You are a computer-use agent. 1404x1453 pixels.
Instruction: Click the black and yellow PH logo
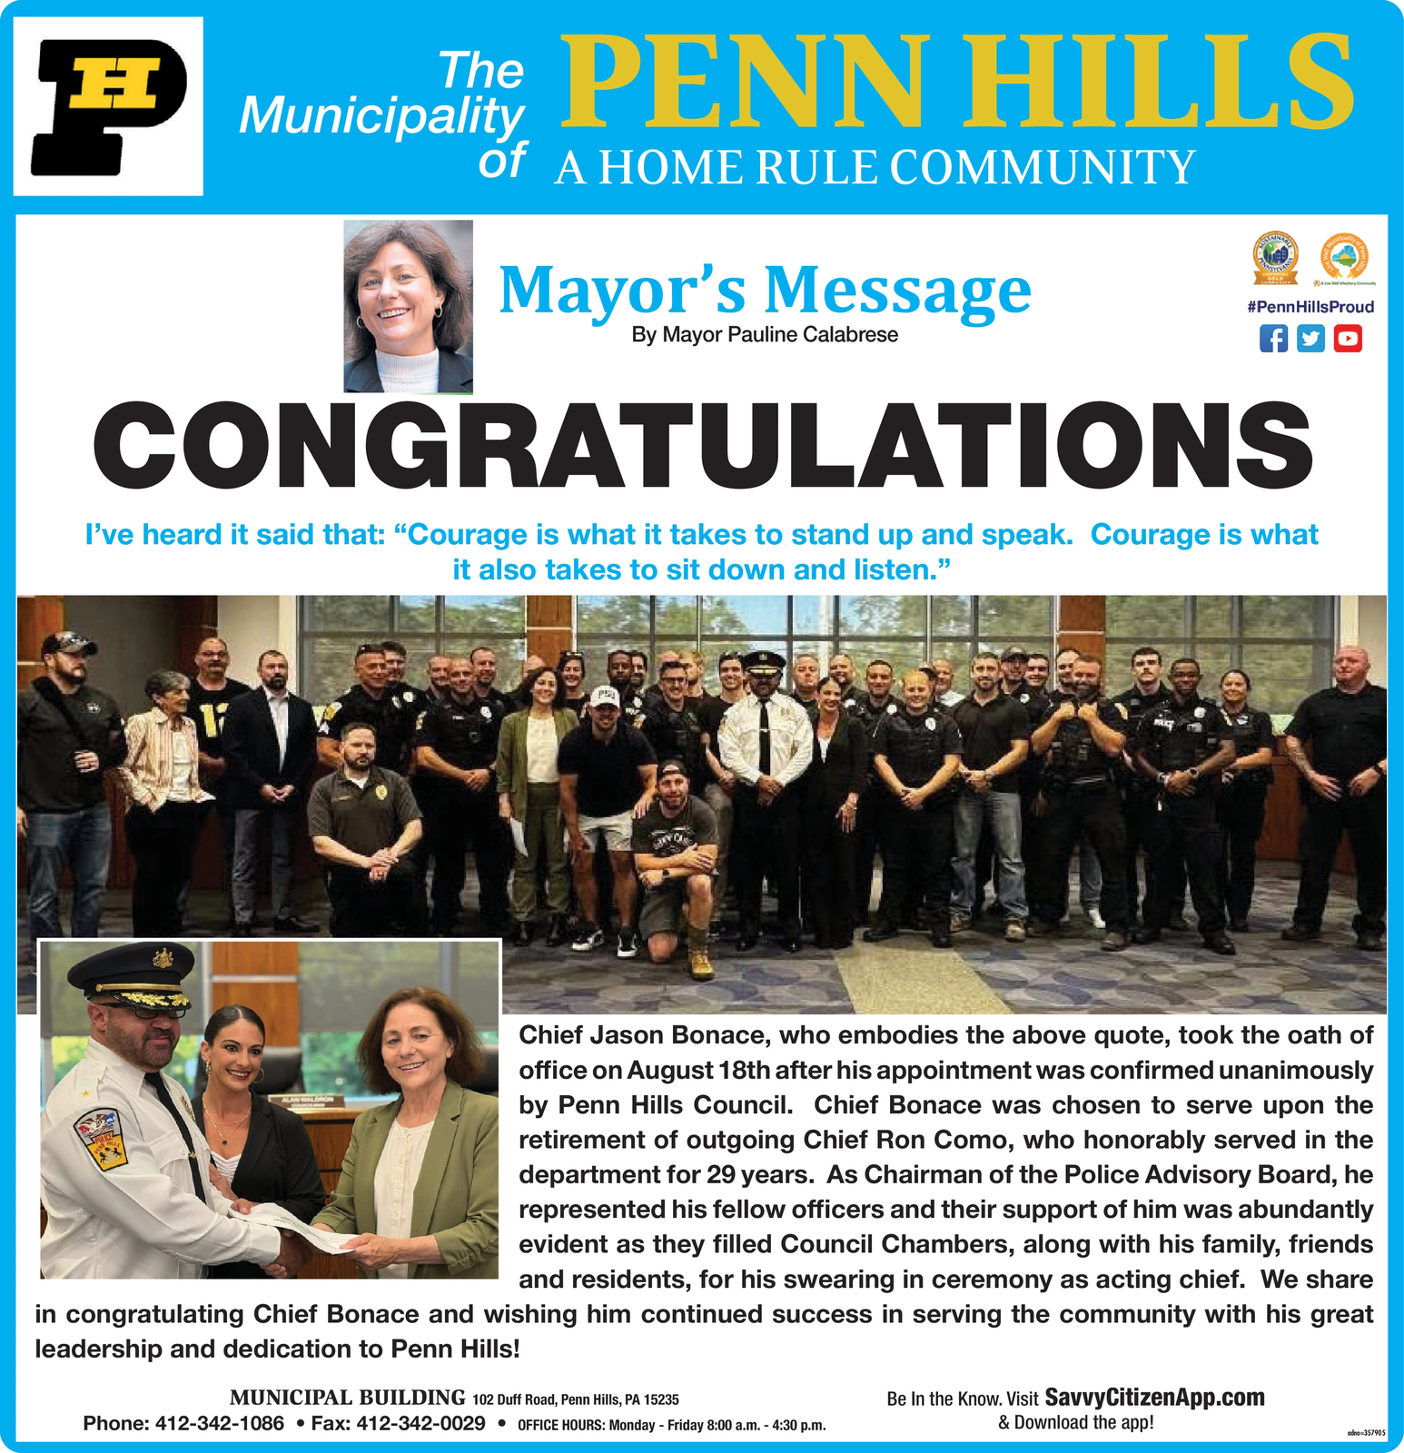click(107, 106)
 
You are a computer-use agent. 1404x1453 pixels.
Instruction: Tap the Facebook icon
click(1273, 339)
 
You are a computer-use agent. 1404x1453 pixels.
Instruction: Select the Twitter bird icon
click(1310, 339)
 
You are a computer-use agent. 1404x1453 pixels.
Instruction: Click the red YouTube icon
click(1348, 339)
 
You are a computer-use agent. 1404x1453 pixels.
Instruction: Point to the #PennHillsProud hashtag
click(1310, 307)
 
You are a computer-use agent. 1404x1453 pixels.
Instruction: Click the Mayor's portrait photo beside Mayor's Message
click(408, 306)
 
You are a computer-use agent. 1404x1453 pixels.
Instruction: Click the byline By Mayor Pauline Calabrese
click(765, 335)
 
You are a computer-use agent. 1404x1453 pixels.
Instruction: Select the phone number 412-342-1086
click(220, 1423)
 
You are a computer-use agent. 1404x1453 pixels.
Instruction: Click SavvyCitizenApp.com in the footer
click(1154, 1397)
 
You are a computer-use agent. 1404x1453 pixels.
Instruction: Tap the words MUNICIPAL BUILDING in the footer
click(347, 1398)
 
